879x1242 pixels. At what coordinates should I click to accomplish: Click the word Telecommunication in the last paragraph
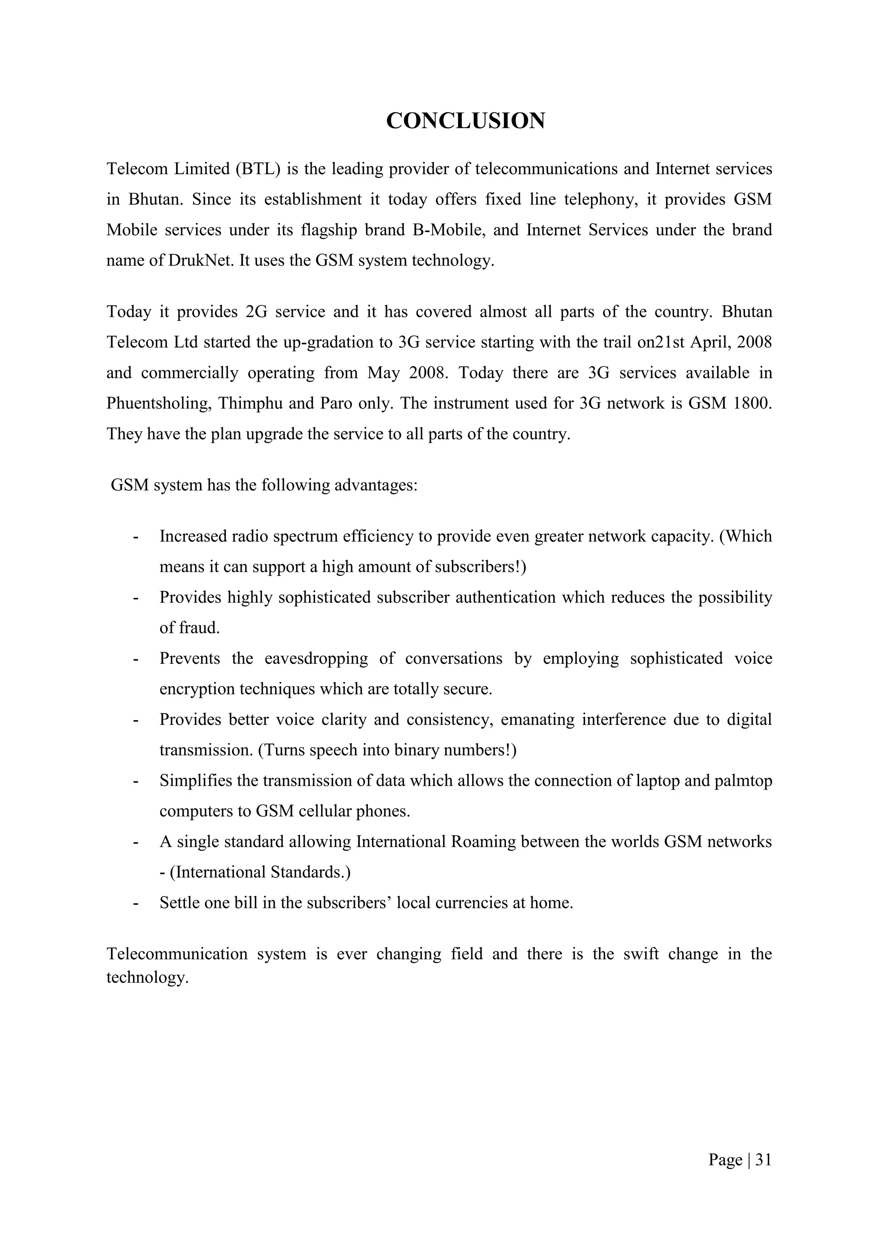pos(176,954)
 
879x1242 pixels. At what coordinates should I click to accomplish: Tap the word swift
pos(641,954)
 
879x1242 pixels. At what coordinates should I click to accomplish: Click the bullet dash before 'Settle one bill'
pos(135,903)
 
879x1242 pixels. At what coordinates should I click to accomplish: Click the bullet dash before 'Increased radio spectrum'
pos(135,537)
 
